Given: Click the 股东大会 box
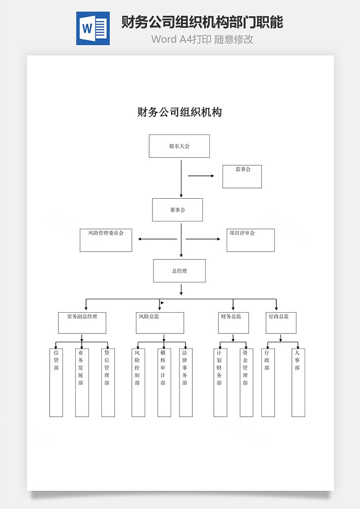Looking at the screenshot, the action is tap(179, 146).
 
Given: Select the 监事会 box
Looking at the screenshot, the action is tap(242, 177).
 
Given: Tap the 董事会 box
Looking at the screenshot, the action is tap(178, 210).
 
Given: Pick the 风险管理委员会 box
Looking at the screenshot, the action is tap(106, 240).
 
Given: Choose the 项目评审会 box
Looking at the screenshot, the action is tap(251, 240).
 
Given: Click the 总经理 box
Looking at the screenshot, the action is tap(180, 271).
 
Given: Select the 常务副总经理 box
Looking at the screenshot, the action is tap(82, 323).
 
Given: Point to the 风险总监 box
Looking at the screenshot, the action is tap(160, 323).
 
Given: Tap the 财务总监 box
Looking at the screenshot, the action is tap(233, 323).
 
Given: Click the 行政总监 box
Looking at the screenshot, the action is tap(281, 323).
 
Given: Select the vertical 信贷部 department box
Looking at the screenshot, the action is tap(56, 383).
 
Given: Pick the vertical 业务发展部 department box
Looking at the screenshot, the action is tap(82, 383).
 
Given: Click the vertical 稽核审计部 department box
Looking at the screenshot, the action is tap(164, 383).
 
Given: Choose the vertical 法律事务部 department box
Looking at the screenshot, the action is tap(186, 383).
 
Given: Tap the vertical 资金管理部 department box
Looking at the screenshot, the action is tap(247, 383).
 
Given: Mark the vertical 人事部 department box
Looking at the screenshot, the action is tap(298, 383).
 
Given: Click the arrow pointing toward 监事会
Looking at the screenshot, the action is tap(201, 176).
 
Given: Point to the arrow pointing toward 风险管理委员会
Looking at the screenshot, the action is tap(157, 239).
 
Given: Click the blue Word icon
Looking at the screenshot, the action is tap(93, 28).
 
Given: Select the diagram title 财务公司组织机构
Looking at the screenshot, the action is tap(180, 112).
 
